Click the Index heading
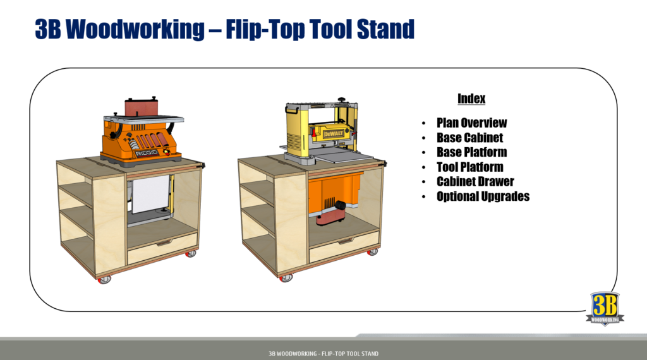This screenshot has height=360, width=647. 471,99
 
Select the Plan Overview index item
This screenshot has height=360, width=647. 471,123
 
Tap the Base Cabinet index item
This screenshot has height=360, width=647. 469,138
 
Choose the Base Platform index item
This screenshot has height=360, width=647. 471,152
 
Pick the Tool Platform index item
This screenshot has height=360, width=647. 469,167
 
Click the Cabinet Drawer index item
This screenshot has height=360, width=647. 475,181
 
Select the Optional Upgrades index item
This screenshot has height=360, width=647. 483,196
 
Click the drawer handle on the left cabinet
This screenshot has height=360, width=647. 162,243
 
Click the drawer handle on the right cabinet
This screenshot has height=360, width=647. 345,241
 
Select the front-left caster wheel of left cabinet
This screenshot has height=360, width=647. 105,279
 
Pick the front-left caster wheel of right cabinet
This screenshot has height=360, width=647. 287,277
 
